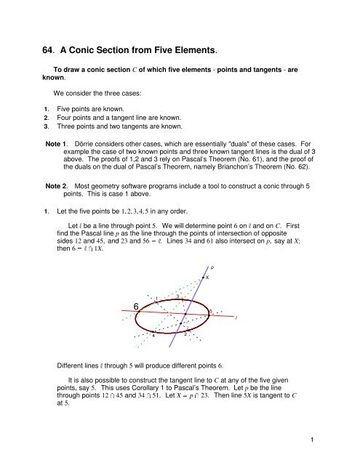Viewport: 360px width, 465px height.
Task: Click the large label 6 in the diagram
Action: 137,307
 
